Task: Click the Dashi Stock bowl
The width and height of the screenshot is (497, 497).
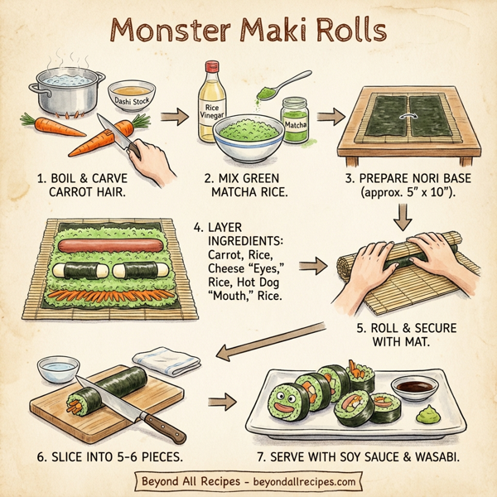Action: click(x=133, y=99)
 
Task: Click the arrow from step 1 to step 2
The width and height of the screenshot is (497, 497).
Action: click(x=173, y=118)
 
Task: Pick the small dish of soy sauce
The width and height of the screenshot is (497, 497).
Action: click(x=408, y=386)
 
